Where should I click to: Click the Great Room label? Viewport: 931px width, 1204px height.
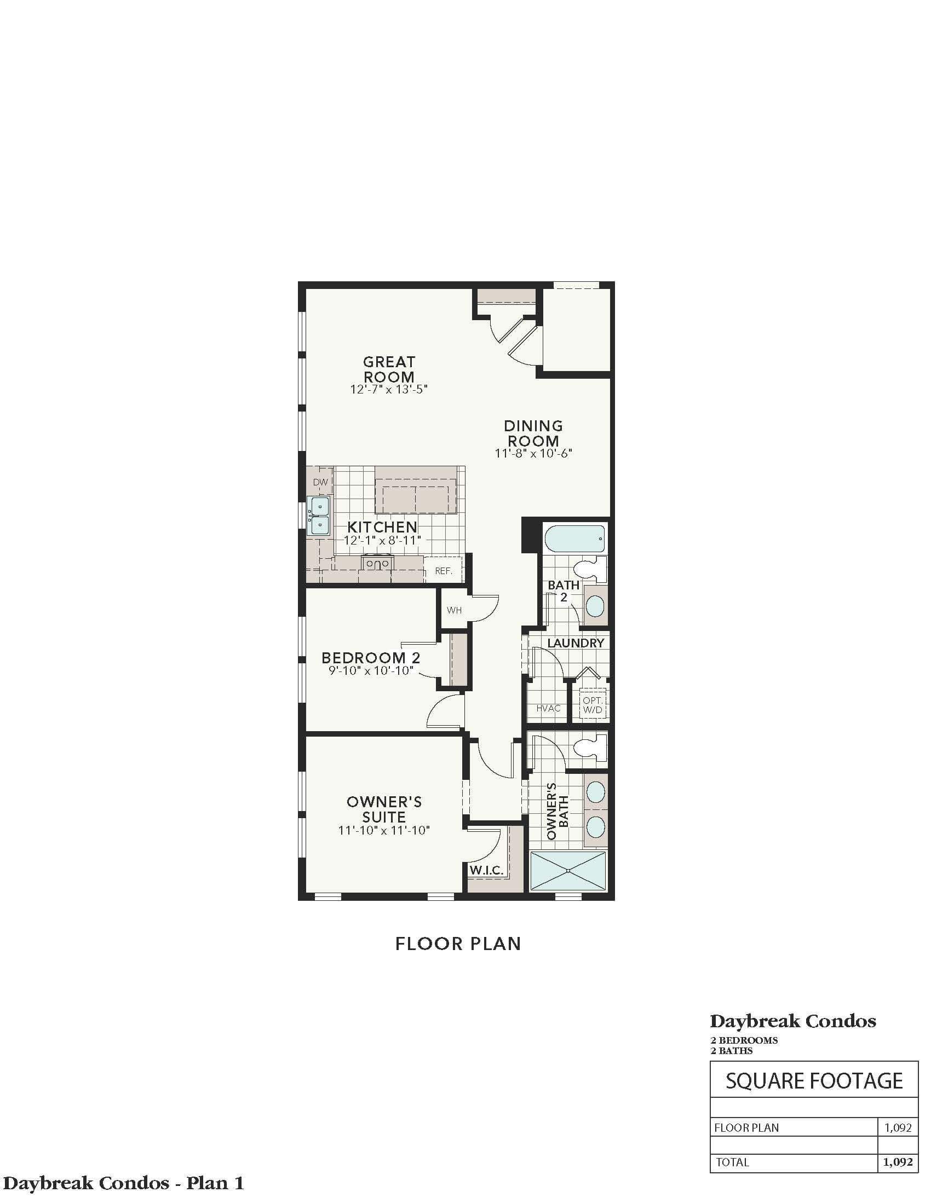point(389,369)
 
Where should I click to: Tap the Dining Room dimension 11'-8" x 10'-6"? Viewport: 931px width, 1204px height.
point(533,453)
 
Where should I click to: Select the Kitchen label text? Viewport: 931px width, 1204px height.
point(382,526)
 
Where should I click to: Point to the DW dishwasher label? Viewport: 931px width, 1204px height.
point(320,482)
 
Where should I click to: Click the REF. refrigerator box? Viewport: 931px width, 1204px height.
point(444,571)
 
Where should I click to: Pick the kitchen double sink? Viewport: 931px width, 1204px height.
point(319,516)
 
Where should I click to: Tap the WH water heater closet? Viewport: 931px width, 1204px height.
point(454,610)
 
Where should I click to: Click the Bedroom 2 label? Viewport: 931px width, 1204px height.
point(371,658)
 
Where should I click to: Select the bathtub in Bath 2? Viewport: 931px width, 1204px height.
point(574,538)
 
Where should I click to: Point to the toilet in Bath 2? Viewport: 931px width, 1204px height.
point(590,569)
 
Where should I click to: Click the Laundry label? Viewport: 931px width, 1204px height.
point(576,643)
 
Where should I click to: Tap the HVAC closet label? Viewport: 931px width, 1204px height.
point(548,708)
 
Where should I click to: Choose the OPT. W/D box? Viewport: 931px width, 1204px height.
point(593,704)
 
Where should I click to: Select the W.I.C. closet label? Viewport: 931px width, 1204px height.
point(486,871)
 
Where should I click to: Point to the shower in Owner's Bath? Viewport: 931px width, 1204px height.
point(568,872)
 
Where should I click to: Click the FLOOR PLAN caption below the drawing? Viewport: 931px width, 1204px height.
point(458,944)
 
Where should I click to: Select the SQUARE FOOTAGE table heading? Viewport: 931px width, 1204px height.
point(814,1080)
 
